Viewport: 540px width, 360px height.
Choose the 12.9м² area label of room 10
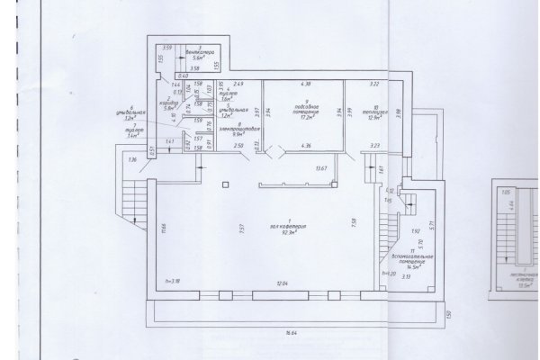click(375, 117)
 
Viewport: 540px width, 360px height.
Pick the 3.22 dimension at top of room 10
click(375, 84)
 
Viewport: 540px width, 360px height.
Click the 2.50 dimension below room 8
click(238, 146)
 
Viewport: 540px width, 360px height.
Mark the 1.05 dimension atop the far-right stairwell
click(505, 192)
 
